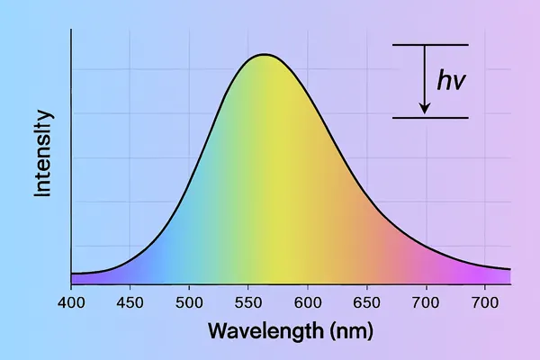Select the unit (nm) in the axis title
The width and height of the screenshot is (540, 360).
350,330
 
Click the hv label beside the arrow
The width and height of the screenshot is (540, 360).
452,81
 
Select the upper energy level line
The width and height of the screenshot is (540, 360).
430,45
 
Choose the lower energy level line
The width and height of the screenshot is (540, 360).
430,118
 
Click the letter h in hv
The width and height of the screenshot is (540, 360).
445,80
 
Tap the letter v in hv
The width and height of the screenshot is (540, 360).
460,83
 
